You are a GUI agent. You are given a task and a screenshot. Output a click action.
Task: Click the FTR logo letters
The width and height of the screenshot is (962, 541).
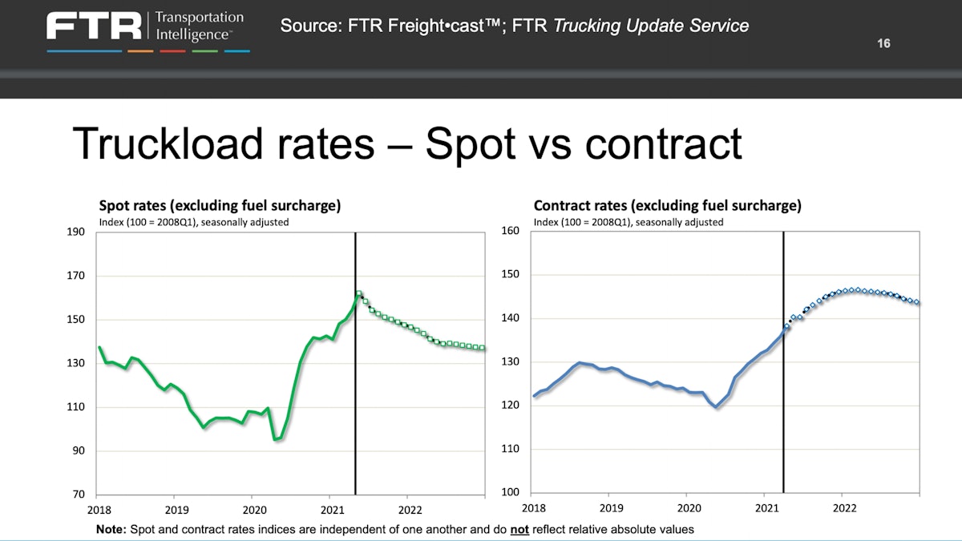(x=94, y=26)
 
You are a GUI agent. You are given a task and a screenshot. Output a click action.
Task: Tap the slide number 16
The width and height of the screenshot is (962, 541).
(x=883, y=43)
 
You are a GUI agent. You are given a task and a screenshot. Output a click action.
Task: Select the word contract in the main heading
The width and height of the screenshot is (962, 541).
(x=663, y=143)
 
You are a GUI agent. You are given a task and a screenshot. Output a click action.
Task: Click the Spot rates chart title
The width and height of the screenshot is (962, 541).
(x=220, y=206)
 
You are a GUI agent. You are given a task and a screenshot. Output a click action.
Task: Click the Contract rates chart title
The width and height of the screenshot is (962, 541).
(x=667, y=206)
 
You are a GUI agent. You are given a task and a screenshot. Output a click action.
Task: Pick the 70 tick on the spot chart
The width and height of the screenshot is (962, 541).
(x=79, y=495)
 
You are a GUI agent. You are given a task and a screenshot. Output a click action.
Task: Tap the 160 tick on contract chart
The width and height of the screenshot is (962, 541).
(x=510, y=232)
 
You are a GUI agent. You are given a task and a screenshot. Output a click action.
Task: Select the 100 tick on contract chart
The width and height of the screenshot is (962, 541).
(x=510, y=492)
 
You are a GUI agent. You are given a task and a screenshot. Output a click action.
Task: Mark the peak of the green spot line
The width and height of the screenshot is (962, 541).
(x=358, y=293)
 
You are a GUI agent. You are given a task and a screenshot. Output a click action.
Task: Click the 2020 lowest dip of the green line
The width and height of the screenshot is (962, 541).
(x=277, y=438)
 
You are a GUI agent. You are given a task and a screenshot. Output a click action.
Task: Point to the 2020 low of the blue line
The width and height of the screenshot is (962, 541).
(x=716, y=407)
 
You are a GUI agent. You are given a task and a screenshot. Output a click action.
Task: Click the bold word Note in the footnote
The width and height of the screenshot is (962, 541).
(x=111, y=530)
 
